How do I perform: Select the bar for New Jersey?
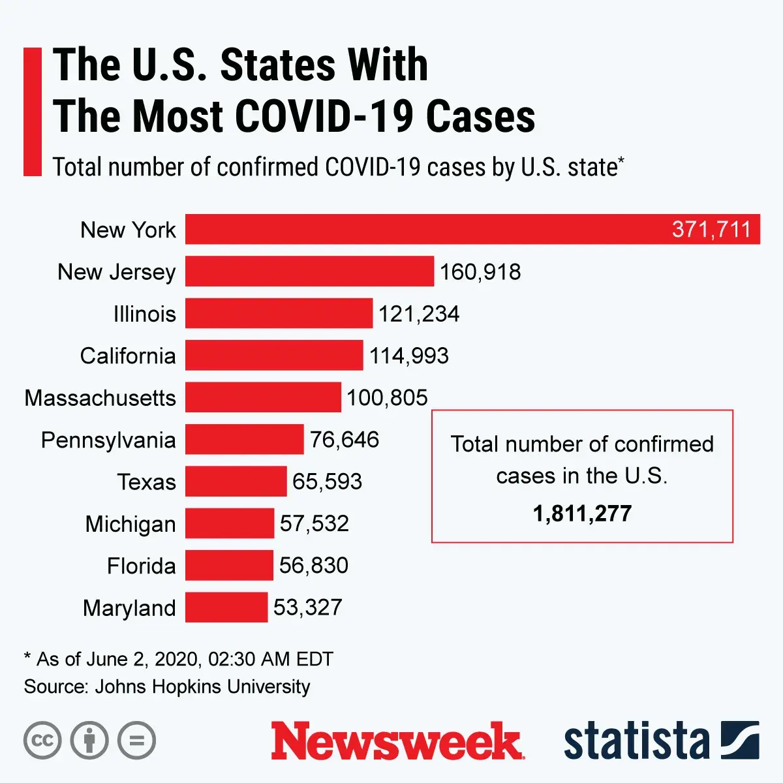[309, 271]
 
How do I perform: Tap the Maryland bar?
[226, 607]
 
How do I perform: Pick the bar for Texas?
[236, 481]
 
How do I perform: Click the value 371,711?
[711, 230]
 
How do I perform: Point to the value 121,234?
[419, 314]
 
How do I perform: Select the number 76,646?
[345, 440]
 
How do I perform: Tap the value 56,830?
[314, 565]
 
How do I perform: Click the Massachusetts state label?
[100, 397]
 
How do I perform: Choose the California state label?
[128, 356]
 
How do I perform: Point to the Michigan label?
[130, 523]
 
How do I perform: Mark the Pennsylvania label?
[108, 440]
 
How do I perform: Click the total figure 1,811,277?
[582, 514]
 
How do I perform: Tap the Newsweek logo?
[397, 741]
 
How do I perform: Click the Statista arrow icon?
[740, 740]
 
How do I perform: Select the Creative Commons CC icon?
[42, 741]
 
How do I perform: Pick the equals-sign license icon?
[136, 741]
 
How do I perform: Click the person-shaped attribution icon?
[89, 741]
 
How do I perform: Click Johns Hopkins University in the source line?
[202, 686]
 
